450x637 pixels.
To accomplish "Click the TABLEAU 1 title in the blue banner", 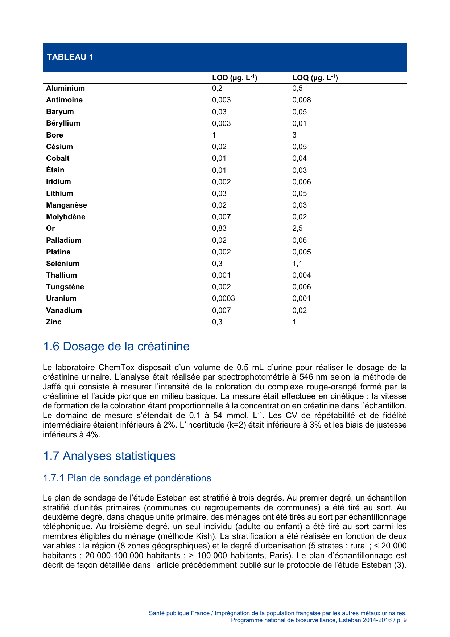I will pos(70,57).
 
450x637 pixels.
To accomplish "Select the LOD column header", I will pos(234,78).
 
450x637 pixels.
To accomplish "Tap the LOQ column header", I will pos(315,78).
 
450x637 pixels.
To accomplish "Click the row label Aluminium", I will pos(65,89).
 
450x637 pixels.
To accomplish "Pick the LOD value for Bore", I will pos(214,135).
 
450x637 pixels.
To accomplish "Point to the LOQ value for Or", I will pos(297,228).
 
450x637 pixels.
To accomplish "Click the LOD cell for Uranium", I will pos(223,298).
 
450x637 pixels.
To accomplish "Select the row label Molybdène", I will pos(66,217).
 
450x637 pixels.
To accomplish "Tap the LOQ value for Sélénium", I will pos(297,264).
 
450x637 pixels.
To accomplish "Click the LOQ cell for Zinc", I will pos(294,322).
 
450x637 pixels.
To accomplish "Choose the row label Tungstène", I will pos(65,287).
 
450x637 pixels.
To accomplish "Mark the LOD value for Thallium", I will pos(221,275).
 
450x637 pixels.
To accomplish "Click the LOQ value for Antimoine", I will pos(302,100).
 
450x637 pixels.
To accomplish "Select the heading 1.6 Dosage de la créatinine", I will pos(116,346).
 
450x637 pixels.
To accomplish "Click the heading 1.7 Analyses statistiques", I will pos(109,456).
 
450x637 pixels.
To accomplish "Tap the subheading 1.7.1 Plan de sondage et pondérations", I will pos(127,478).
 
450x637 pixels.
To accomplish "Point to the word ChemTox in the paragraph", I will pos(117,367).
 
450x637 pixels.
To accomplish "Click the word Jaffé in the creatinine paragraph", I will pos(52,387).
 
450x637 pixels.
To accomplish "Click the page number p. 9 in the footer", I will pos(401,620).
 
